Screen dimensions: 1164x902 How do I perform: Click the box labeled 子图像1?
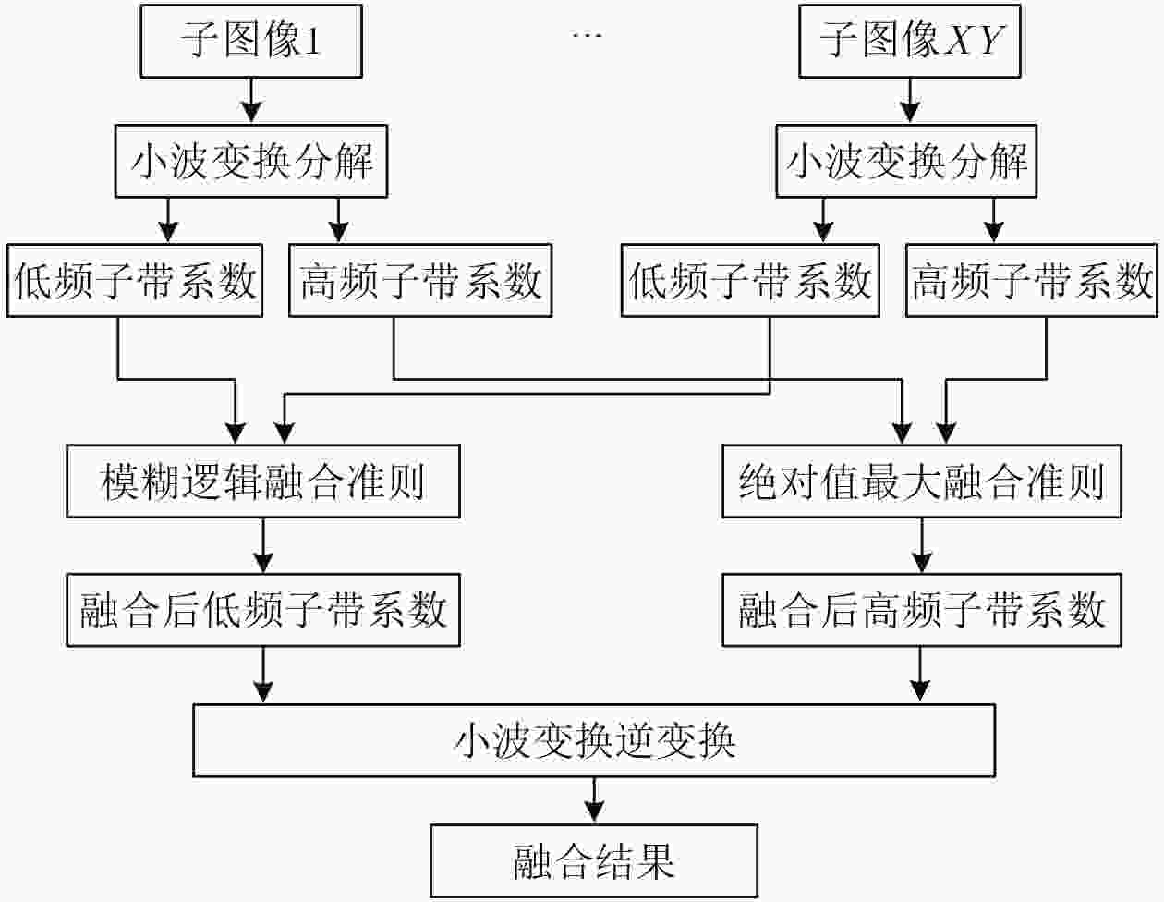(251, 42)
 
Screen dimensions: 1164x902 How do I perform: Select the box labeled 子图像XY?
(910, 42)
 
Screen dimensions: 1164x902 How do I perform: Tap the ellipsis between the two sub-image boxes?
(588, 35)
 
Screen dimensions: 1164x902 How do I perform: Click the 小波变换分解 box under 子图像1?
(251, 161)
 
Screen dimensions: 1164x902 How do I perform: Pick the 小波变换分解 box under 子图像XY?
(906, 161)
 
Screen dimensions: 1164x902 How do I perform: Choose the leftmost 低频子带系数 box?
(135, 281)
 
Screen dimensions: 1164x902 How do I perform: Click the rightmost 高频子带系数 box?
(1032, 281)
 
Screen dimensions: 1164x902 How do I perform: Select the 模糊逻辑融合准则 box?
(263, 481)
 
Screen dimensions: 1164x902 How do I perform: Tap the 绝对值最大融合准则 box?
(921, 481)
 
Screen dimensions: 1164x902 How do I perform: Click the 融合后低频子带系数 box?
(263, 610)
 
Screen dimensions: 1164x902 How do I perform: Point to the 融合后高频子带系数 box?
(921, 610)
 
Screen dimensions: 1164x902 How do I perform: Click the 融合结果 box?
(594, 860)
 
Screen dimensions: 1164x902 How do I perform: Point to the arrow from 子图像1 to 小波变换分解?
(251, 101)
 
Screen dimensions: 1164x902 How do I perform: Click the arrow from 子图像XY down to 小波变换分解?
(910, 101)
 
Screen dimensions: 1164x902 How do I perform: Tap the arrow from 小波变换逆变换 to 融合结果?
(594, 800)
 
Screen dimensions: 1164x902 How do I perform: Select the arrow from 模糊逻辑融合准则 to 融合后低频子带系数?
(263, 545)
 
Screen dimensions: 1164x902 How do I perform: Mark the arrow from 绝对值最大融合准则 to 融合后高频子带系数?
(921, 545)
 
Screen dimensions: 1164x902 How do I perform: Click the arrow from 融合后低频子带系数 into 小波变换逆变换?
(263, 675)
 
